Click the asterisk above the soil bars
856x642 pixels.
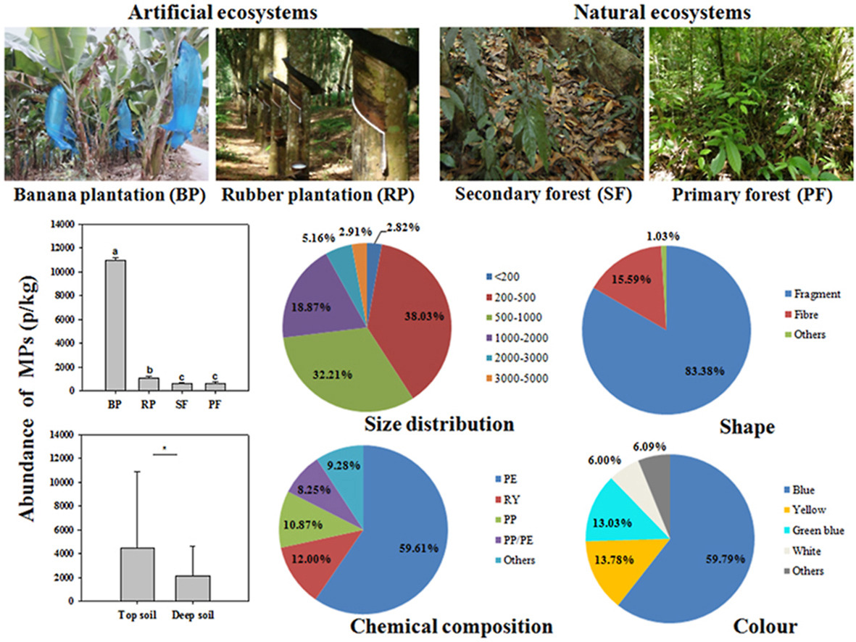[165, 449]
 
